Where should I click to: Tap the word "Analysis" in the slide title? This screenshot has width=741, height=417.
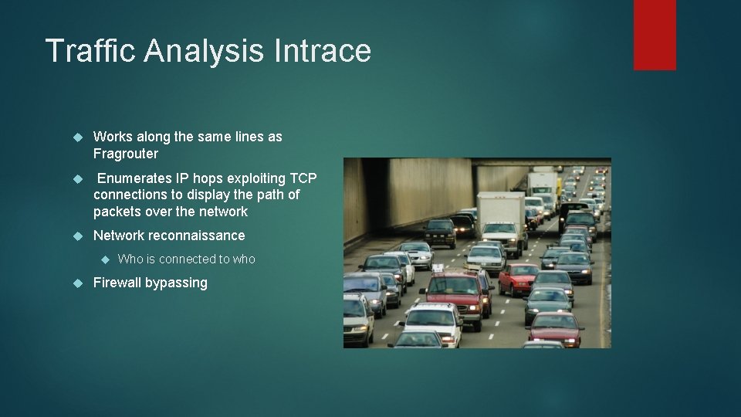point(205,51)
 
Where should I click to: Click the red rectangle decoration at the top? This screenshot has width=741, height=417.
point(655,34)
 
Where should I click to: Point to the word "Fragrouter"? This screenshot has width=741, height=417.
point(126,154)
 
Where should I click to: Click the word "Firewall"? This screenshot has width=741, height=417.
point(117,283)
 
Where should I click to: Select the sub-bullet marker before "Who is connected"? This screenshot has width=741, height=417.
point(106,259)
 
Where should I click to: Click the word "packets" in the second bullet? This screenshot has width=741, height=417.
point(116,212)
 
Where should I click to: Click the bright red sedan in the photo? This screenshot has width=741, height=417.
point(518,278)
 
